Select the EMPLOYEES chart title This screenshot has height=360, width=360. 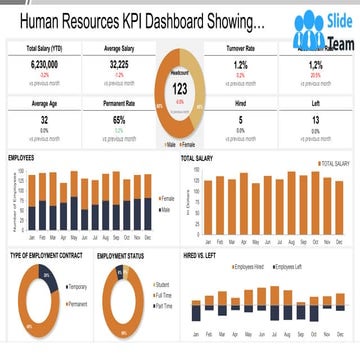[25, 158]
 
